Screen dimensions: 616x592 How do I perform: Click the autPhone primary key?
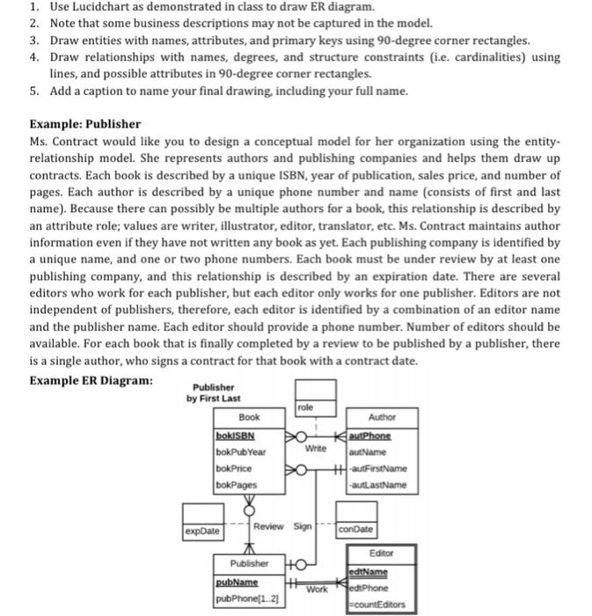[x=370, y=435]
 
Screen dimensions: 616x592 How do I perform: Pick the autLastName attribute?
[x=381, y=485]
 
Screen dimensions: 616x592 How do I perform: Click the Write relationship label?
[x=315, y=449]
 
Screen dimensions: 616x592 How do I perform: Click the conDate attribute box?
[x=355, y=530]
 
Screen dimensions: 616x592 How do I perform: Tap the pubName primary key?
[x=237, y=583]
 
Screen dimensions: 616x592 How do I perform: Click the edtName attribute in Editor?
[x=372, y=572]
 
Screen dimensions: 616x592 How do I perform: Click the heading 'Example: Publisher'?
[x=85, y=124]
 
